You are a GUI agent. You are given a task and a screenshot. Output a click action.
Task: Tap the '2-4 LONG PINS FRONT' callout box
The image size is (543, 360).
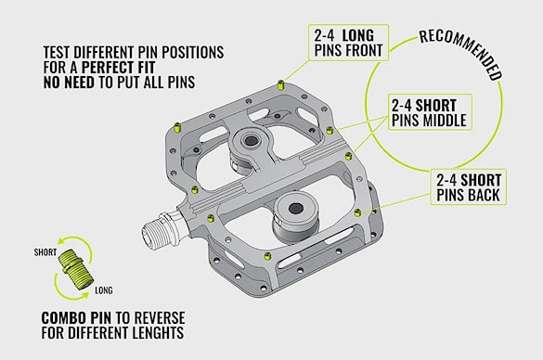349,43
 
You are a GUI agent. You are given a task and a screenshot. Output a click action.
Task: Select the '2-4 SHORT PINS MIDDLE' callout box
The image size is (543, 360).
430,112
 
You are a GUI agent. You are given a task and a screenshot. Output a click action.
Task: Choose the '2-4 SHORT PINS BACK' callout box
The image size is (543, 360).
468,186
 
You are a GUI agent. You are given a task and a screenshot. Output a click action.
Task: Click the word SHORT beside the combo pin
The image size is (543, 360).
45,252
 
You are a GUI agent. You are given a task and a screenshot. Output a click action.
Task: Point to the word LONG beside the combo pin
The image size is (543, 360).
104,290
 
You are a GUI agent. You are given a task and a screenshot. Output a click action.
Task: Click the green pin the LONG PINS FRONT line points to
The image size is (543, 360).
281,84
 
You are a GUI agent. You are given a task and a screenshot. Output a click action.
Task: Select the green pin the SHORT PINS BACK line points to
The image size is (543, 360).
357,212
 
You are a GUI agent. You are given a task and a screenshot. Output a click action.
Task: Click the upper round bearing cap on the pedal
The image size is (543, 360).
250,140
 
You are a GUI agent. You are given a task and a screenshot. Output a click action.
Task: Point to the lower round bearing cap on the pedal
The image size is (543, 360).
296,208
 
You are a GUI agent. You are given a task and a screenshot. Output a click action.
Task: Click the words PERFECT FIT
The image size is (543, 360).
118,67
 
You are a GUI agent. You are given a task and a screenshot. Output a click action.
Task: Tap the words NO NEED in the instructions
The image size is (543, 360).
69,82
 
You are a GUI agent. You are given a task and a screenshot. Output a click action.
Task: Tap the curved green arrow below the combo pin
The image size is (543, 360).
71,290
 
